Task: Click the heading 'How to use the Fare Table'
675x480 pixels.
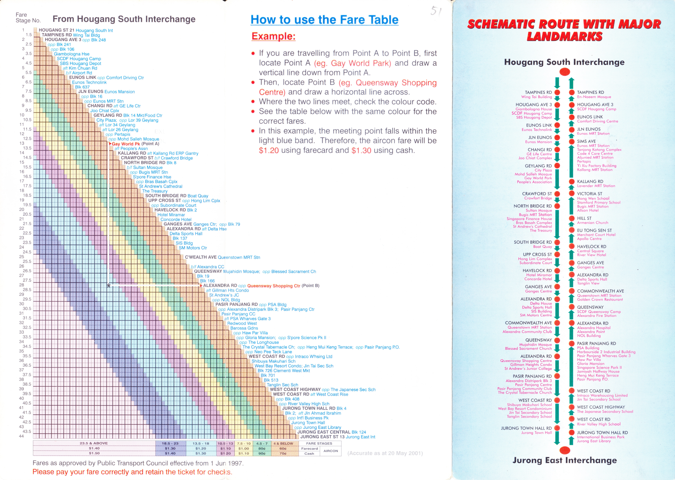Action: [x=324, y=20]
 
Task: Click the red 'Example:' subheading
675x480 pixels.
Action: [x=273, y=36]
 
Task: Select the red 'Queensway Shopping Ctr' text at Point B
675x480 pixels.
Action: [x=274, y=286]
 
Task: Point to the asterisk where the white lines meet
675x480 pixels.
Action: [x=109, y=286]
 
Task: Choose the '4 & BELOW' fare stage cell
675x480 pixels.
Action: [x=283, y=443]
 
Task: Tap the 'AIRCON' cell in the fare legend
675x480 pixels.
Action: [x=331, y=451]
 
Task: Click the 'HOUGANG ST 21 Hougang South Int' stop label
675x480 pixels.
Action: [x=76, y=30]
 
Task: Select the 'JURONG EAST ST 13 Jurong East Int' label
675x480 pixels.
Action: [x=338, y=437]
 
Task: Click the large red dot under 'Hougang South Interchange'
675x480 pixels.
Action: [x=564, y=72]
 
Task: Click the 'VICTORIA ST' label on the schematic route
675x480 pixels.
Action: [x=589, y=194]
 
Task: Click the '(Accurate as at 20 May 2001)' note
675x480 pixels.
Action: [x=385, y=453]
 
